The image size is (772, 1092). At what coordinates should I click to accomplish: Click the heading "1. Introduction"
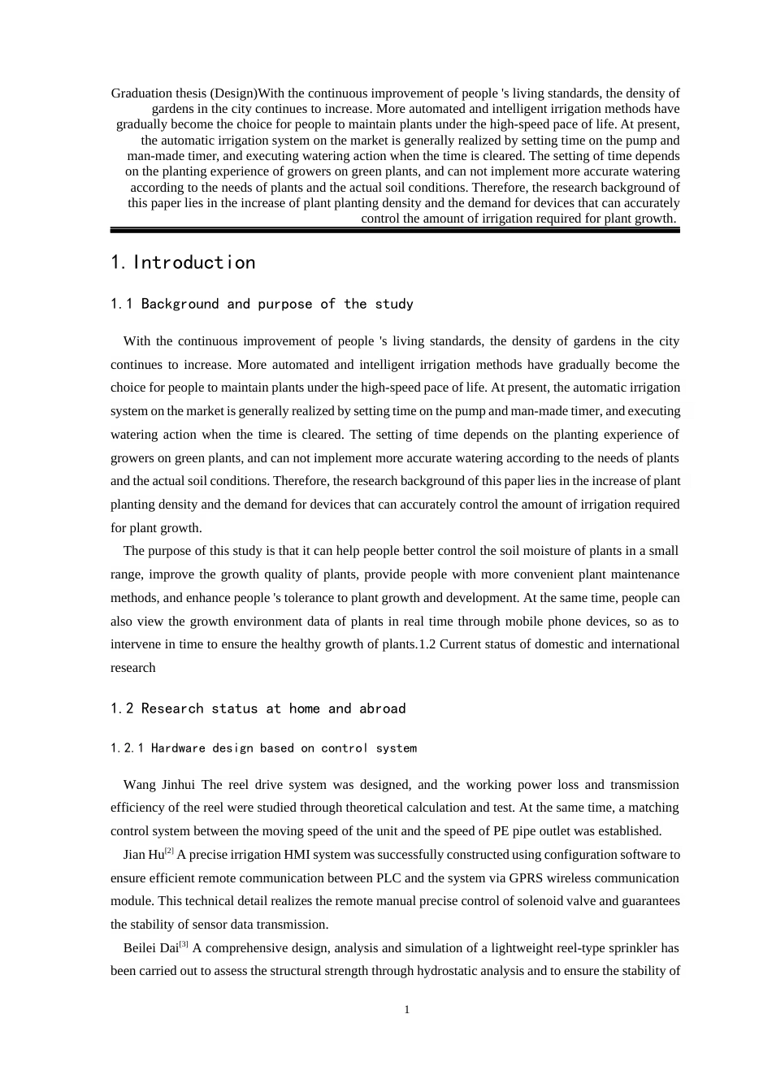pyautogui.click(x=183, y=262)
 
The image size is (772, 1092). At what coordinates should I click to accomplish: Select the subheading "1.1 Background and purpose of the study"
pyautogui.click(x=262, y=304)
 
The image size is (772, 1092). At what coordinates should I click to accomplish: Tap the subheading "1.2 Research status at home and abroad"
pyautogui.click(x=258, y=708)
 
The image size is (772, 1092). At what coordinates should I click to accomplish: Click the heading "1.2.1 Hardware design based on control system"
pyautogui.click(x=263, y=748)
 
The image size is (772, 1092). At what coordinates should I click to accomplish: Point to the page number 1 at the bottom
pyautogui.click(x=406, y=1010)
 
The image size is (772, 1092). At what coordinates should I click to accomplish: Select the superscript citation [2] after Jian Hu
pyautogui.click(x=169, y=851)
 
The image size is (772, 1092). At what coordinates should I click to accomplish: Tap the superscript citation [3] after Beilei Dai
pyautogui.click(x=184, y=945)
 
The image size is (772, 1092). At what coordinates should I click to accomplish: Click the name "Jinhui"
pyautogui.click(x=179, y=785)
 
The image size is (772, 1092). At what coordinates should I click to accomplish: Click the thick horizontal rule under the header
pyautogui.click(x=395, y=231)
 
